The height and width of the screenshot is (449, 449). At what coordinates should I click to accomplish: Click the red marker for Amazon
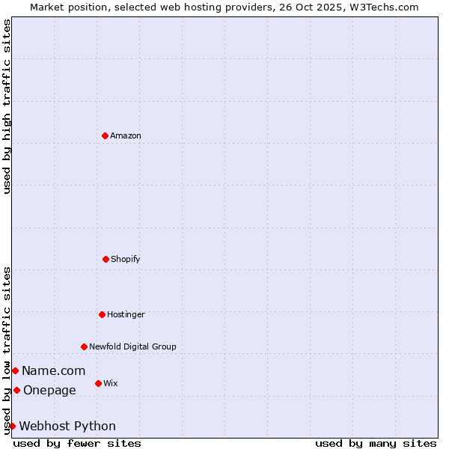[105, 135]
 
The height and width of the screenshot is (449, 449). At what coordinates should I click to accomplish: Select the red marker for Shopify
[106, 259]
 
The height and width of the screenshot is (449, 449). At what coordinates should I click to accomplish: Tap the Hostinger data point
[102, 314]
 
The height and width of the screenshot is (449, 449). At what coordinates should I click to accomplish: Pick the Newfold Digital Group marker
[84, 346]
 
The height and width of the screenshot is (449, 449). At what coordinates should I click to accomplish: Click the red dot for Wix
[98, 383]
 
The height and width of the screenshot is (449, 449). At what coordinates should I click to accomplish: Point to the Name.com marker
[15, 370]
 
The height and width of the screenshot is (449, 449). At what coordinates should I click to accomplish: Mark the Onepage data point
[16, 390]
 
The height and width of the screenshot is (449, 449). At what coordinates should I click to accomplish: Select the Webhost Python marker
[12, 426]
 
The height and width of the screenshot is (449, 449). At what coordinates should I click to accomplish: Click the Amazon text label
[126, 135]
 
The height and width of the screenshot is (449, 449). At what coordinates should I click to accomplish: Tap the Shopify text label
[126, 259]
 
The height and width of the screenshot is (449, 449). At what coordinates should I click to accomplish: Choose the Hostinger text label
[126, 314]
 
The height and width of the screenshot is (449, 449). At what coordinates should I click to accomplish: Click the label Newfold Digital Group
[133, 346]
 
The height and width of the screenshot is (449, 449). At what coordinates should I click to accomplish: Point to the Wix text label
[111, 383]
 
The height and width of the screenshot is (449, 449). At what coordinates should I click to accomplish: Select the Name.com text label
[54, 370]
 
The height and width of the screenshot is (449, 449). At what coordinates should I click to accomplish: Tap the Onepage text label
[50, 390]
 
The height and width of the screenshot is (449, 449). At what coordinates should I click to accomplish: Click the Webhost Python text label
[67, 426]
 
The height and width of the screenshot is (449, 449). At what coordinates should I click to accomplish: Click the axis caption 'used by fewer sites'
[77, 443]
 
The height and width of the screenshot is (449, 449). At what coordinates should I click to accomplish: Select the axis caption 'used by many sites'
[376, 443]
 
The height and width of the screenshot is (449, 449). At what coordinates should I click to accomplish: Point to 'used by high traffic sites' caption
[7, 106]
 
